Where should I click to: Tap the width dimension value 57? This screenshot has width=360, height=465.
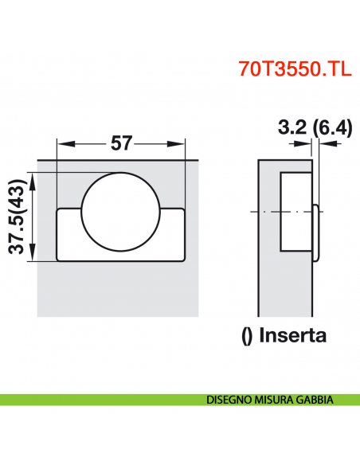(x=121, y=143)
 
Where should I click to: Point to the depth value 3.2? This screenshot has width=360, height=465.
(x=291, y=127)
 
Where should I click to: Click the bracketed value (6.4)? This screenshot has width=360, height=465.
(x=331, y=127)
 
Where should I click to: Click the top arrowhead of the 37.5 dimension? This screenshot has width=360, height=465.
(x=31, y=175)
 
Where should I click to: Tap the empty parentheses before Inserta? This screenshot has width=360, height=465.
(x=246, y=335)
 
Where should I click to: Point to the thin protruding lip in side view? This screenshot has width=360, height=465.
(x=316, y=231)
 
